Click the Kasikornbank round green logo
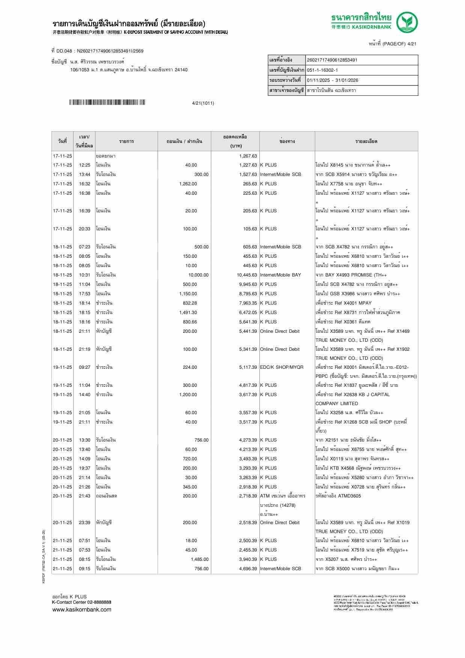pos(408,22)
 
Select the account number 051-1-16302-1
pos(322,70)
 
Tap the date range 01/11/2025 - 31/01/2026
pos(333,80)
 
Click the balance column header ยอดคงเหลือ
pos(235,137)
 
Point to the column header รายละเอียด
pos(366,141)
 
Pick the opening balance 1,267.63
pos(248,156)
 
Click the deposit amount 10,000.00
pos(198,275)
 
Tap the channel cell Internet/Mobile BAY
pos(280,275)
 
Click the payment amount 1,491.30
pos(188,312)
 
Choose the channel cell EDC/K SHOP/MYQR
pos(281,367)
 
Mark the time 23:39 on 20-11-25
pos(84,523)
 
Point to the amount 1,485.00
pos(199,559)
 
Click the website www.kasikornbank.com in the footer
pos(81,610)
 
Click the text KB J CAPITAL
pos(372,395)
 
